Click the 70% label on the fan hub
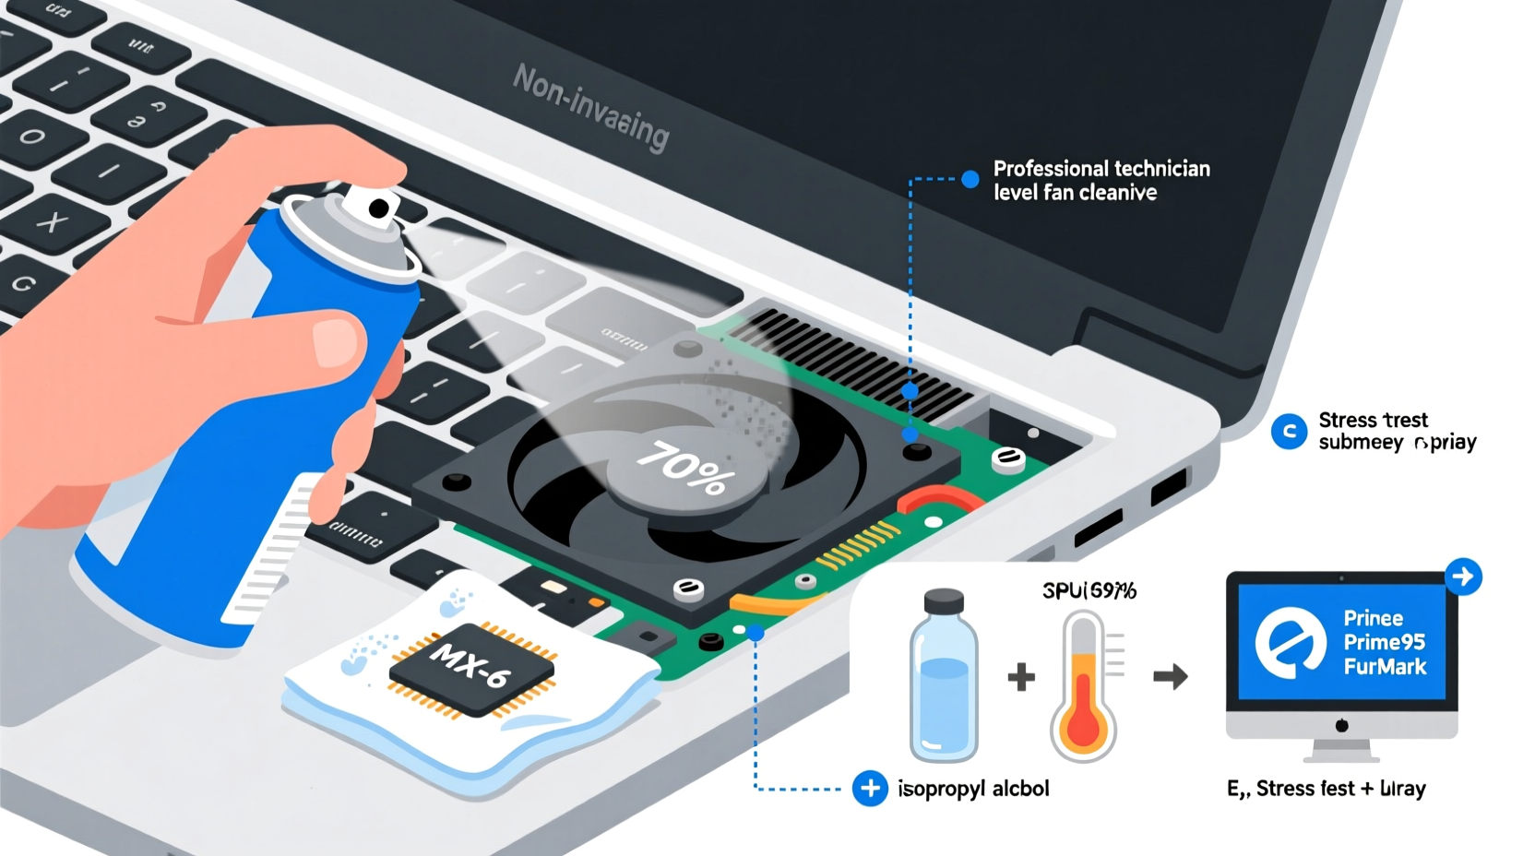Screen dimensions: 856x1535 coord(686,469)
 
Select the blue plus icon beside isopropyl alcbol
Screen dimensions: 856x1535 coord(869,789)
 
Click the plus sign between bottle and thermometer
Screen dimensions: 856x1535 coord(1021,677)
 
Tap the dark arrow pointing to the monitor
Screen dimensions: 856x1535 coord(1170,678)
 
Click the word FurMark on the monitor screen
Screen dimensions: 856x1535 coord(1385,666)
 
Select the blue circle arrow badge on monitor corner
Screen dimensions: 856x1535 coord(1462,577)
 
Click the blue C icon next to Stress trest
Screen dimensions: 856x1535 coord(1289,431)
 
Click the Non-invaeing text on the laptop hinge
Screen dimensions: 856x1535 coord(590,107)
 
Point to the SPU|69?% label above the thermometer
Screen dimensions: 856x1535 coord(1089,590)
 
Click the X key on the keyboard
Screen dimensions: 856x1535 coord(52,221)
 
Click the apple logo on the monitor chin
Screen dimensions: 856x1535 coord(1341,726)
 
